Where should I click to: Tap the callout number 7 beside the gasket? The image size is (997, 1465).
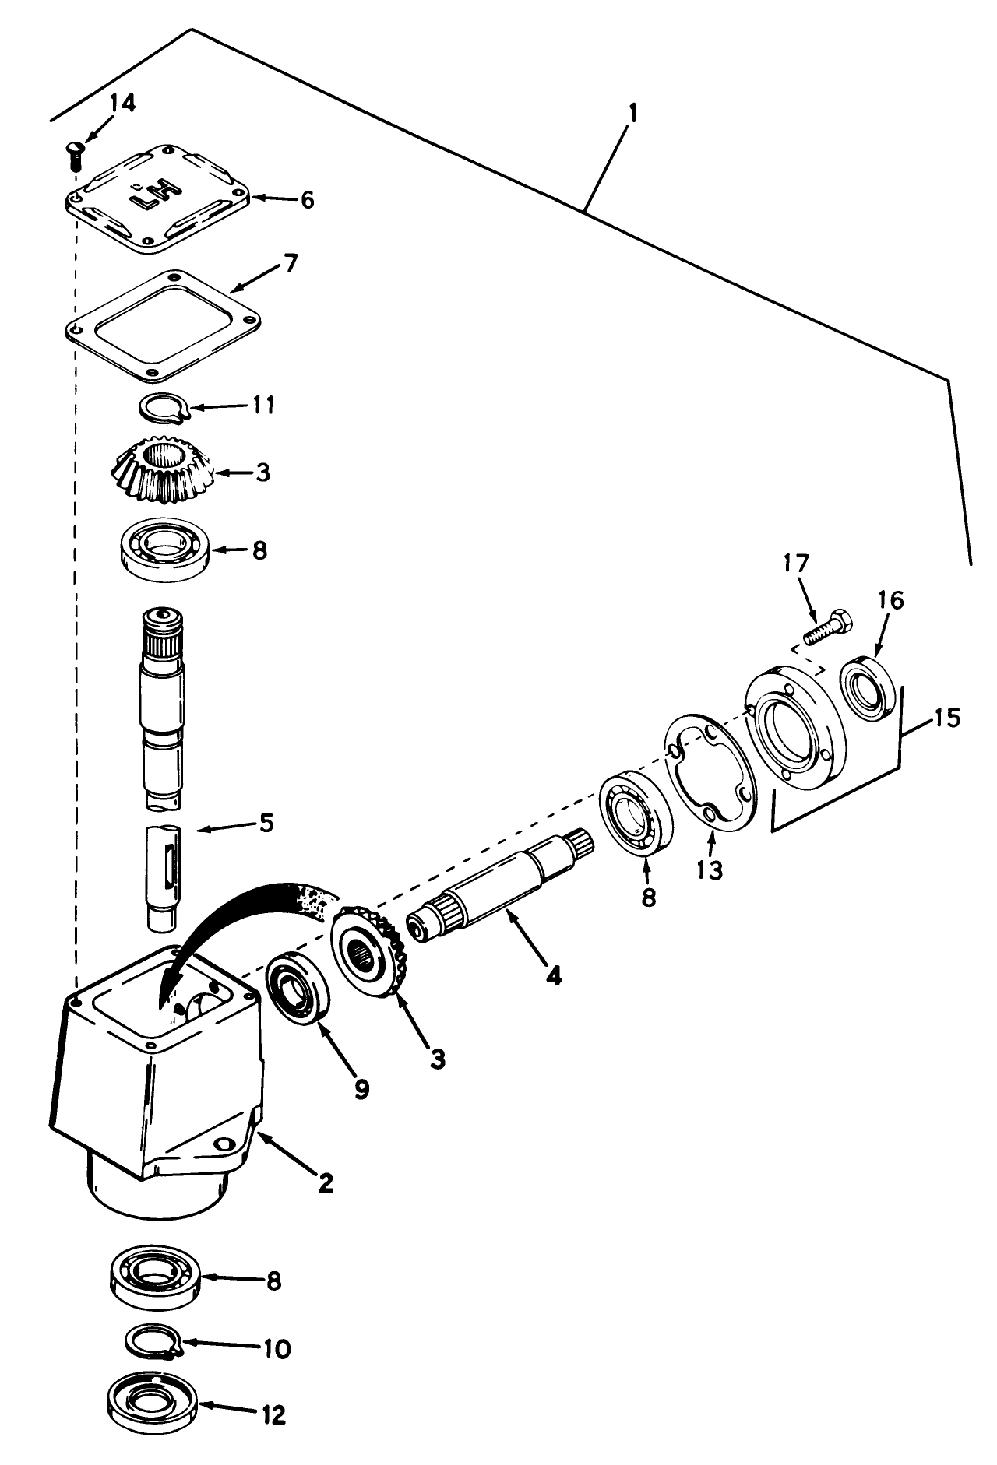(x=289, y=263)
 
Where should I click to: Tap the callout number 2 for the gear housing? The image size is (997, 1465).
(x=326, y=1183)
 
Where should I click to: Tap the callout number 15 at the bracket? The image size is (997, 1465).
(x=947, y=717)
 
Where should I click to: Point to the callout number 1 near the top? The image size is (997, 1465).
(x=632, y=114)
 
